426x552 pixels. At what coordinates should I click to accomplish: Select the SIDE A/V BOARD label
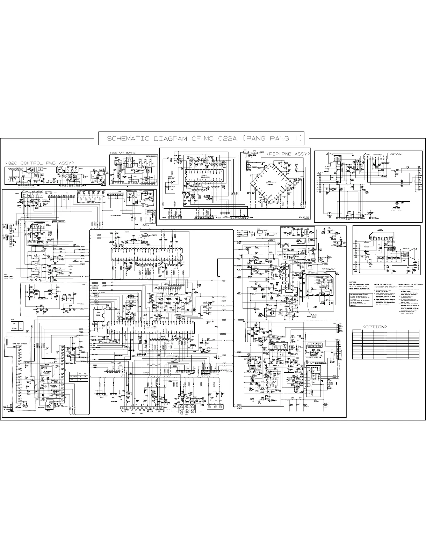[122, 153]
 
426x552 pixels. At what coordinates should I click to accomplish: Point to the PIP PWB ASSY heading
[288, 154]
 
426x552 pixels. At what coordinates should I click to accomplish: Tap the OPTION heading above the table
[375, 327]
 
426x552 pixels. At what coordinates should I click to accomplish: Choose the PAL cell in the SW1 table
[15, 323]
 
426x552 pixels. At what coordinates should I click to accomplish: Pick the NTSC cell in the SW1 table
[15, 328]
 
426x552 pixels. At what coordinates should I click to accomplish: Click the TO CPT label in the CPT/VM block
[319, 172]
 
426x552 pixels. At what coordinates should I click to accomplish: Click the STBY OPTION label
[287, 227]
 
